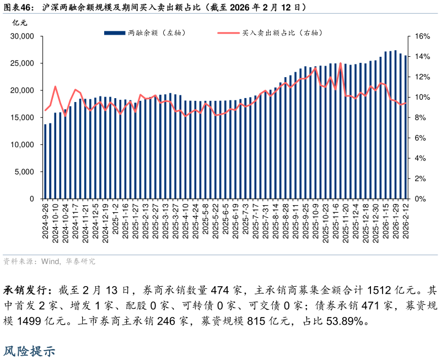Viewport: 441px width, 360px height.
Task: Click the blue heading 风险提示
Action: point(30,351)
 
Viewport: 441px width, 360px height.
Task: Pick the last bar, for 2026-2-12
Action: point(406,127)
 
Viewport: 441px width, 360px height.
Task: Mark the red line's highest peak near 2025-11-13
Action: point(340,63)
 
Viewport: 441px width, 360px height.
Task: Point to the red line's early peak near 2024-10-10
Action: point(55,87)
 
